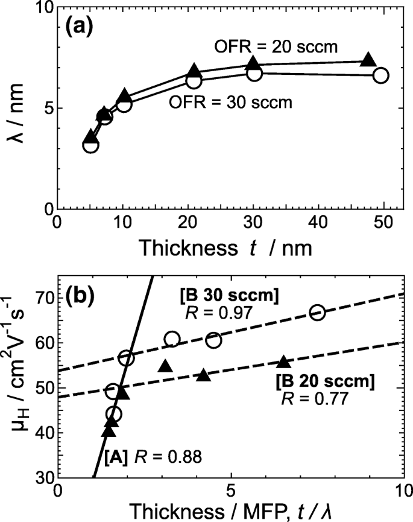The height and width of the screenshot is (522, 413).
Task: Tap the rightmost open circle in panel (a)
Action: (x=380, y=75)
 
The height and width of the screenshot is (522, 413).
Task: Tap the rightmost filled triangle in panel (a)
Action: (x=368, y=60)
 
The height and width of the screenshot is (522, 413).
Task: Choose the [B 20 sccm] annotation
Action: (x=325, y=381)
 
